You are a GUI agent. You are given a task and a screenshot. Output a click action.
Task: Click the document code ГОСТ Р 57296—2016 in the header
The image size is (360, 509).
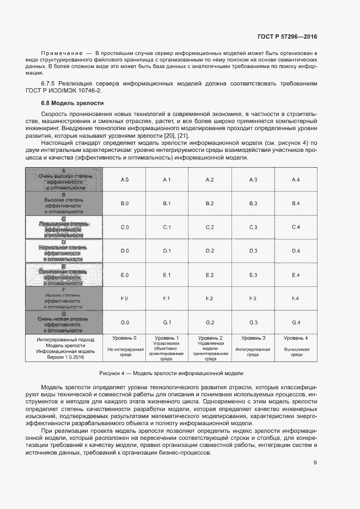tap(287, 37)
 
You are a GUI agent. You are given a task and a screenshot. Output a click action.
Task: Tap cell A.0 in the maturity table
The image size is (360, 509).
tap(124, 180)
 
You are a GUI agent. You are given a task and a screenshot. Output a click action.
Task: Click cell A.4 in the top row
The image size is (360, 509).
tap(296, 180)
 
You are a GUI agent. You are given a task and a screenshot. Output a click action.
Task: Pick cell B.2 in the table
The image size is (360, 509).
tap(210, 203)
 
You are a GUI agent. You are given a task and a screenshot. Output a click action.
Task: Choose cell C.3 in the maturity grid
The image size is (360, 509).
tap(253, 227)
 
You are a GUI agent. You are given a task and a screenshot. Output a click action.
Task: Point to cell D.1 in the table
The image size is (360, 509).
tap(167, 250)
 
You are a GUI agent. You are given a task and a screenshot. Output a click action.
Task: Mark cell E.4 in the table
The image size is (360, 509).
tap(296, 275)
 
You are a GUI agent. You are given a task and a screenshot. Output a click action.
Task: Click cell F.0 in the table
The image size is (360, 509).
tap(124, 298)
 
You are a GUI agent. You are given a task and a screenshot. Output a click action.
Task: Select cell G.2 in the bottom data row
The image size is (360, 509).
tap(210, 322)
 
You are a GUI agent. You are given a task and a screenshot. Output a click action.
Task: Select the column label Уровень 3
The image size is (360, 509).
tap(253, 339)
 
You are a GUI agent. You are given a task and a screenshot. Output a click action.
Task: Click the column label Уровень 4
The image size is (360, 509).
tap(296, 339)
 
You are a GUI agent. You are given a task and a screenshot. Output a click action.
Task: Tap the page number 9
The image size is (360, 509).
tap(315, 463)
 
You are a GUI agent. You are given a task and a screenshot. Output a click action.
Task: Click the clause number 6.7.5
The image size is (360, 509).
tap(50, 84)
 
